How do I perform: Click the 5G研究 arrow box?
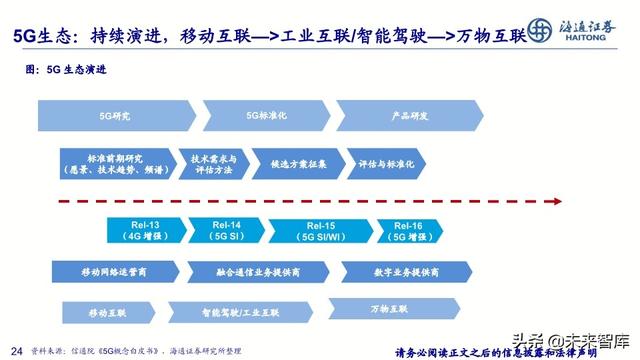click(114, 117)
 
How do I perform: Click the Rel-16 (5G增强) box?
click(412, 231)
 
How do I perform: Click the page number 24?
click(15, 349)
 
